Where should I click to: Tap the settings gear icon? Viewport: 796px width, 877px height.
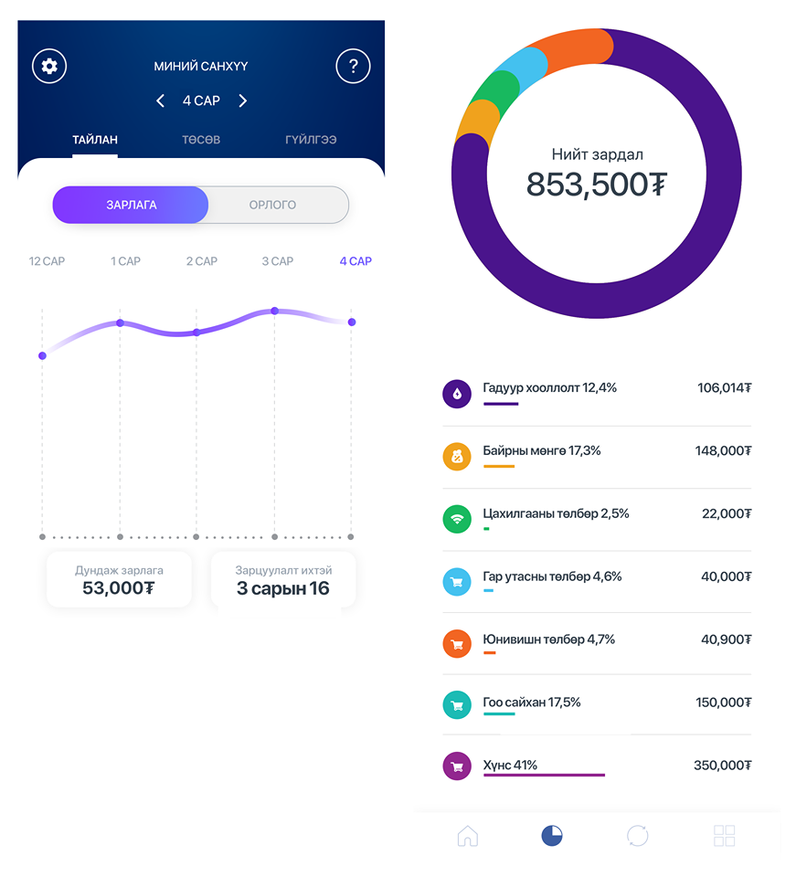50,66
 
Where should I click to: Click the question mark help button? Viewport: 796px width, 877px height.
353,66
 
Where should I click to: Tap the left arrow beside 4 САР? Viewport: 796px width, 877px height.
161,100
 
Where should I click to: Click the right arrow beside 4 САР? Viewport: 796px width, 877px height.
242,100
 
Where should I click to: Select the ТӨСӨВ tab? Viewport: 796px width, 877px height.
200,140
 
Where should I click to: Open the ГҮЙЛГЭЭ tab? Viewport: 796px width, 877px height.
311,140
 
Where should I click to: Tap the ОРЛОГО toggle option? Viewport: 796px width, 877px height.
272,205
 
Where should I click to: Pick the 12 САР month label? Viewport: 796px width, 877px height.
47,261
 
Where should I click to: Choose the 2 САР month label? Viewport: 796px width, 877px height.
202,261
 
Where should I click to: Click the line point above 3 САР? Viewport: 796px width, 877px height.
274,312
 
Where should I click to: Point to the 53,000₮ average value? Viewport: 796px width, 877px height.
118,587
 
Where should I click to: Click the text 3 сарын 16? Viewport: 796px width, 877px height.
282,587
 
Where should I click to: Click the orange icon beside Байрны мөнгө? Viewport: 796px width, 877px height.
457,455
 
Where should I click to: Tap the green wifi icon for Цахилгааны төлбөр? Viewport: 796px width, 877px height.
457,518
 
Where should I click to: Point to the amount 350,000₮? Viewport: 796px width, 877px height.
722,766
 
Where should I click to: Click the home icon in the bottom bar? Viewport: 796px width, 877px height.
468,835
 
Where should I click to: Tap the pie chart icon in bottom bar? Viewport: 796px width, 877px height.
552,835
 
